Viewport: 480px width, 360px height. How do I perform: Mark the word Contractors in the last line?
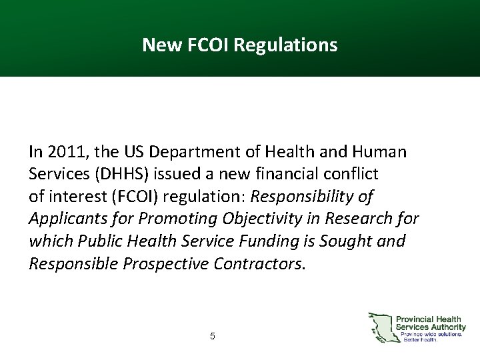[259, 263]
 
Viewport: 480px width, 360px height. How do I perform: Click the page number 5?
[212, 337]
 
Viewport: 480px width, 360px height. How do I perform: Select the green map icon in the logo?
[380, 327]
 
